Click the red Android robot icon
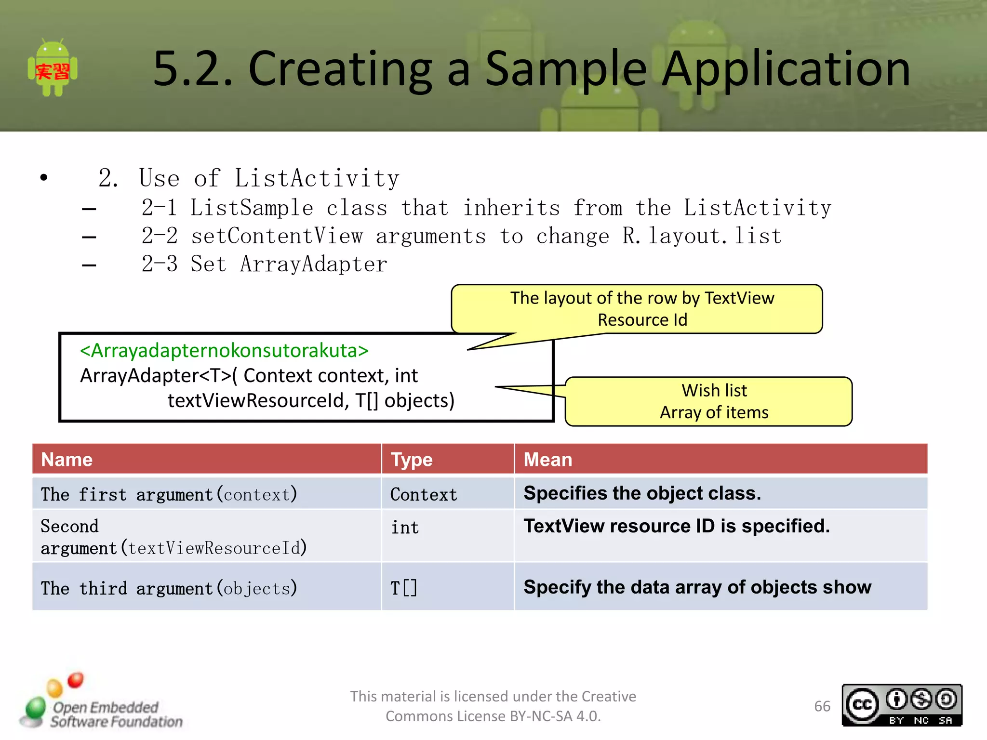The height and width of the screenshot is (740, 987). click(x=53, y=68)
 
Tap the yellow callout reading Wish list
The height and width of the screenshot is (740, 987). click(x=708, y=401)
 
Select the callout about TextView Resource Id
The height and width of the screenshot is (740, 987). click(x=637, y=309)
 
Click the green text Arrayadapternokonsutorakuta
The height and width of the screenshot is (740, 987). click(x=224, y=351)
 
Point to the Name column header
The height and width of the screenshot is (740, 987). click(x=67, y=460)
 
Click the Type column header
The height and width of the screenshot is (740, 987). click(x=411, y=460)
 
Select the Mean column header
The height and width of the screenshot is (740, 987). click(x=547, y=460)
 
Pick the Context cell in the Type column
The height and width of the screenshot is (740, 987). click(x=423, y=495)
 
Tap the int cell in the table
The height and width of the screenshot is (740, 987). click(x=404, y=528)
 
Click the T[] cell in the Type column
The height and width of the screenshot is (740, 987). click(x=403, y=588)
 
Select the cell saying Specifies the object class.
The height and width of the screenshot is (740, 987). click(x=642, y=493)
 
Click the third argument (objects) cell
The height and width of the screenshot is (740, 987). click(x=169, y=588)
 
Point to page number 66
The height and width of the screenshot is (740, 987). click(x=822, y=706)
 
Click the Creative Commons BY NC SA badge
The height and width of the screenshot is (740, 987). click(x=902, y=705)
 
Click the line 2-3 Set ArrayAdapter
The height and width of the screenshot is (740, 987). click(x=264, y=264)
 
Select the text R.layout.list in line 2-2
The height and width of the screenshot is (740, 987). click(x=702, y=236)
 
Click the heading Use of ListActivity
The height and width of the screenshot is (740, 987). click(x=268, y=178)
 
